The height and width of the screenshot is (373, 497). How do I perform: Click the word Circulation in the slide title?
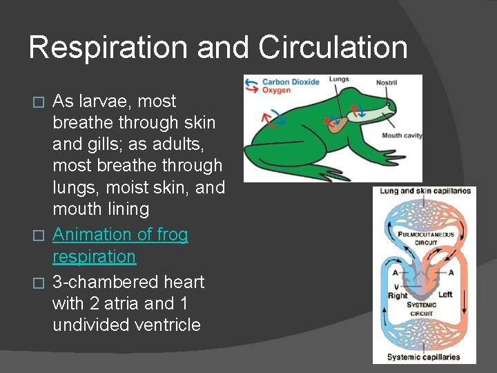pos(333,47)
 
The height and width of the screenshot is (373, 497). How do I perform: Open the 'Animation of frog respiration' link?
pos(120,245)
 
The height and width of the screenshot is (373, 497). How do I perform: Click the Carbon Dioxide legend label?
pos(291,82)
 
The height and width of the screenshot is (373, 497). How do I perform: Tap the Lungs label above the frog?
pos(339,79)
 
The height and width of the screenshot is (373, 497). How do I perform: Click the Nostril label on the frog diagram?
pos(387,83)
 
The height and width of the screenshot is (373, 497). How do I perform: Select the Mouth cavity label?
pos(402,135)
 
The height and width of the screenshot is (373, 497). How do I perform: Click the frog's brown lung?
pos(338,124)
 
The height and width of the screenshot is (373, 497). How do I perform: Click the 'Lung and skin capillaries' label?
pos(425,191)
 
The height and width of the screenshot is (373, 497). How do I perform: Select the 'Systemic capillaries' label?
pos(423,357)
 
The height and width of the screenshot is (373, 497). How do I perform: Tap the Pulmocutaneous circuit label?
pos(426,238)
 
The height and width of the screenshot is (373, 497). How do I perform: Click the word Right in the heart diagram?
pos(398,296)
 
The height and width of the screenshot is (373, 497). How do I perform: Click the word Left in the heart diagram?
pos(445,295)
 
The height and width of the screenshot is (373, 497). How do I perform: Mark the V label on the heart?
pos(396,286)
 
